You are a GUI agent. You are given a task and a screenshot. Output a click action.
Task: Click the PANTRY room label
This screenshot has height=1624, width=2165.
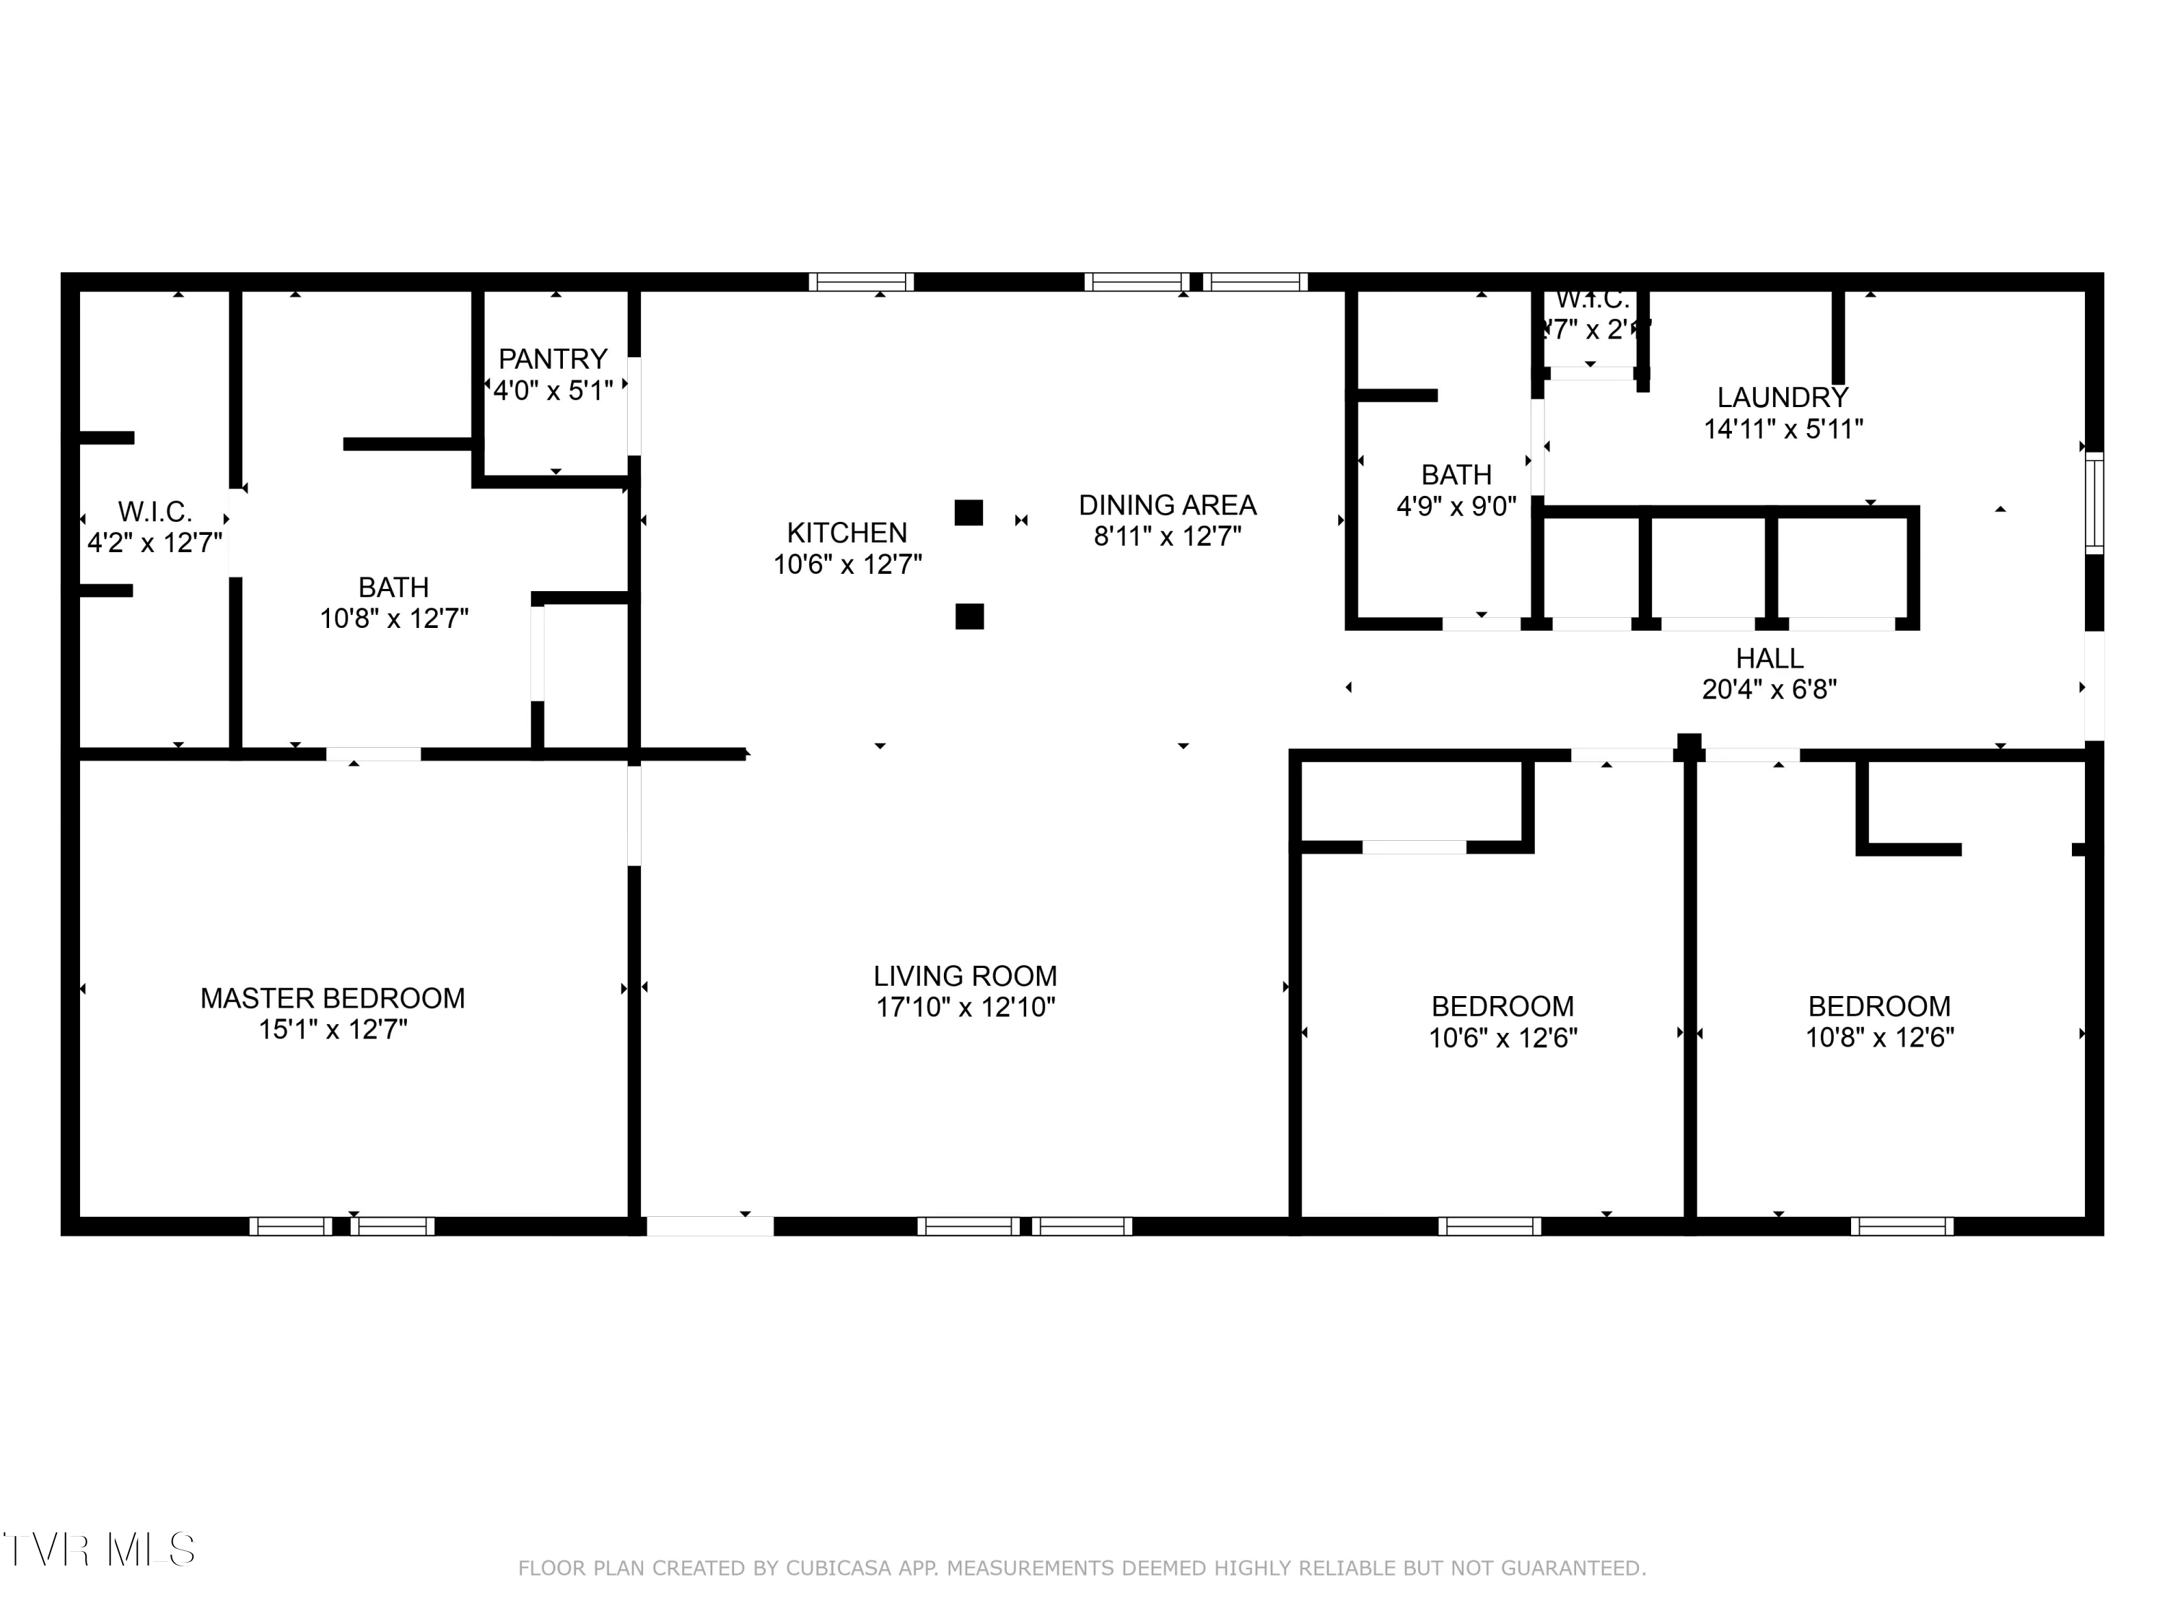pyautogui.click(x=553, y=359)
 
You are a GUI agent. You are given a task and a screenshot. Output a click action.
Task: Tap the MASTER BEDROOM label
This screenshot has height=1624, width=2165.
pyautogui.click(x=333, y=998)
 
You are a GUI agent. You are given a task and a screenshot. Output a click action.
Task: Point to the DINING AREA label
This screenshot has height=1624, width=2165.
pyautogui.click(x=1167, y=505)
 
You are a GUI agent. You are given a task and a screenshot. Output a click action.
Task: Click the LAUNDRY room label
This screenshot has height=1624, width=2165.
pyautogui.click(x=1783, y=398)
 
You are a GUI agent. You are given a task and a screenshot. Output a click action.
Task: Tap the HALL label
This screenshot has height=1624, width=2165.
pyautogui.click(x=1769, y=658)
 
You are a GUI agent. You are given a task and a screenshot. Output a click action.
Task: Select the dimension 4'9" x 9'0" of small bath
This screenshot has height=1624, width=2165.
pyautogui.click(x=1456, y=506)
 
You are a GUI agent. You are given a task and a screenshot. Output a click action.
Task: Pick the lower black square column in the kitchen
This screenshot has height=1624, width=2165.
pyautogui.click(x=969, y=616)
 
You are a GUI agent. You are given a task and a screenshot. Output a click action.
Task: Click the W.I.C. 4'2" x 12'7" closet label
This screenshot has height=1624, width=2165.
pyautogui.click(x=154, y=527)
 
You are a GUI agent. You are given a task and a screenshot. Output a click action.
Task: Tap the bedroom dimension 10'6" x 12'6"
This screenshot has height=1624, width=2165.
pyautogui.click(x=1503, y=1038)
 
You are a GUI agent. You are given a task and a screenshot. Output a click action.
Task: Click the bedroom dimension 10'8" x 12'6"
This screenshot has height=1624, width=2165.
pyautogui.click(x=1878, y=1038)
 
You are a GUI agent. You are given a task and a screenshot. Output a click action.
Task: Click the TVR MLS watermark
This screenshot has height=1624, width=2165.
pyautogui.click(x=98, y=1550)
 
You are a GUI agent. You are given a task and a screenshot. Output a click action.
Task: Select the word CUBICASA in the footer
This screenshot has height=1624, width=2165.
pyautogui.click(x=839, y=1568)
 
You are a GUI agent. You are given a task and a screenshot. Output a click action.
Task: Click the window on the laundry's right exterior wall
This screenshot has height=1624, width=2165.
pyautogui.click(x=2094, y=503)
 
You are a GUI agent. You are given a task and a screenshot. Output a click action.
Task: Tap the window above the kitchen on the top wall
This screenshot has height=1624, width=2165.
pyautogui.click(x=861, y=282)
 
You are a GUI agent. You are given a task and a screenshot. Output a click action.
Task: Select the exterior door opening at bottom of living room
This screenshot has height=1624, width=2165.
pyautogui.click(x=709, y=1226)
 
